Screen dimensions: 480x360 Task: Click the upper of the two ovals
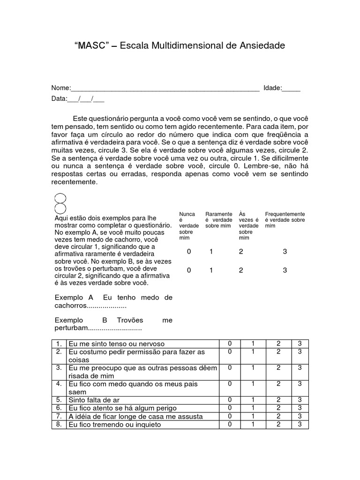click(60, 199)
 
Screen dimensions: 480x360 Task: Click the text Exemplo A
click(74, 298)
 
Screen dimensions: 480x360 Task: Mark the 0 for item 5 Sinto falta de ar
click(230, 400)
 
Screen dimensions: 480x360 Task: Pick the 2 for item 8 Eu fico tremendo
click(278, 425)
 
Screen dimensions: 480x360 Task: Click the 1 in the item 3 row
click(253, 368)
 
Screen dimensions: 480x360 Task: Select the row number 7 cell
click(59, 416)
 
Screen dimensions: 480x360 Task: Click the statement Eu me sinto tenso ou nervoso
click(117, 344)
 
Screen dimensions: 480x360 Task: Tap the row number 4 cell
click(59, 384)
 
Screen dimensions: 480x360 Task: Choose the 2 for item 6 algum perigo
click(278, 408)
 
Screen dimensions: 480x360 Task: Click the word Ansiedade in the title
click(262, 46)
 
